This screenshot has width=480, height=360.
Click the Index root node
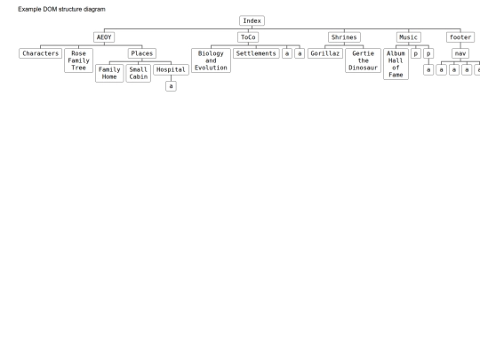(252, 20)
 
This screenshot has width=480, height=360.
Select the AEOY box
(104, 37)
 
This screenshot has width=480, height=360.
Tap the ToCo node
(248, 37)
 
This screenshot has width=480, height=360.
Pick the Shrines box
(344, 37)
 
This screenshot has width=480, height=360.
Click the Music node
(408, 37)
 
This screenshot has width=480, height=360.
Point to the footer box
(460, 37)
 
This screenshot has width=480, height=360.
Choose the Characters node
(40, 53)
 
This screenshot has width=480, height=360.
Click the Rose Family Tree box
(79, 60)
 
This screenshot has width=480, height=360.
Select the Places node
(142, 53)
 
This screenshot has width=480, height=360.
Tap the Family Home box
(109, 73)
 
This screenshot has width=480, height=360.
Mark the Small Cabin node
(139, 73)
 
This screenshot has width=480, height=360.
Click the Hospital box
(171, 70)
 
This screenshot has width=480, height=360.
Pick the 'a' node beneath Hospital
(171, 86)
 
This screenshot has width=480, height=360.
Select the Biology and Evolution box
(211, 60)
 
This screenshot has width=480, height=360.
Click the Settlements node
(256, 53)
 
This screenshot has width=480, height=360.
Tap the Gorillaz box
(325, 53)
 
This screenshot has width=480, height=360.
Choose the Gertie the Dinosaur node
(363, 60)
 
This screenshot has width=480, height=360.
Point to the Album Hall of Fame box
(396, 64)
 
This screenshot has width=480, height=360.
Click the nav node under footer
(460, 53)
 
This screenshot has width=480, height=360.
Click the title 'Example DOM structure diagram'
(61, 9)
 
